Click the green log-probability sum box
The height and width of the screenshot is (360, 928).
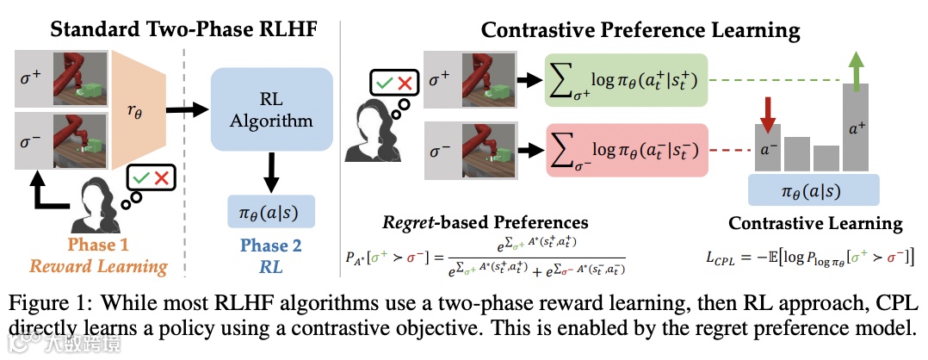(x=626, y=80)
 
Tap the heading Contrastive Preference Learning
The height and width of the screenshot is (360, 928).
(x=640, y=31)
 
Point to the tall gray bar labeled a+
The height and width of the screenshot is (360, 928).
(x=858, y=129)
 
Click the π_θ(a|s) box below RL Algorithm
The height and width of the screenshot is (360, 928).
(x=271, y=210)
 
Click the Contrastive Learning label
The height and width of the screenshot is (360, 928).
(x=815, y=224)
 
